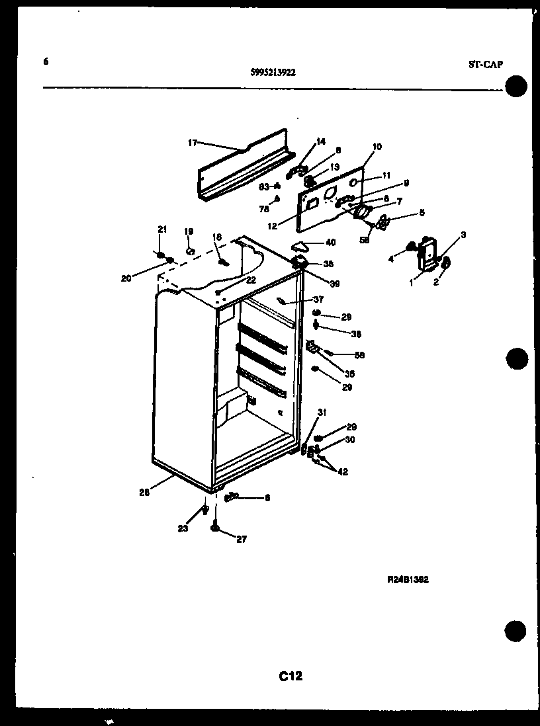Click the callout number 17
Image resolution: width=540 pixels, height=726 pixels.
tap(193, 142)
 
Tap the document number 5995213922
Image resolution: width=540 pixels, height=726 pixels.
tap(273, 73)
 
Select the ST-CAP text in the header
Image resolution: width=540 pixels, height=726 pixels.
tap(485, 64)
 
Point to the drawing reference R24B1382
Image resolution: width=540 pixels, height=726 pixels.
tap(408, 580)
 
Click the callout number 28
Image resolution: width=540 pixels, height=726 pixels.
tap(144, 492)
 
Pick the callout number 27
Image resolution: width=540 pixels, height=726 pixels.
tap(241, 540)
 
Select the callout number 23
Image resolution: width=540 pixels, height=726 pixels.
tap(183, 528)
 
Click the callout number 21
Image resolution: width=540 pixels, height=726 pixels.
tap(161, 229)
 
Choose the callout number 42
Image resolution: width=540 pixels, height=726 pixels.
tap(343, 472)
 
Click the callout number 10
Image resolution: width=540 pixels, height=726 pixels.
tap(377, 147)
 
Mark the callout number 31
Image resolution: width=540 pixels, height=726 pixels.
tap(322, 413)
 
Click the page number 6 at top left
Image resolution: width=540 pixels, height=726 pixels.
tap(46, 62)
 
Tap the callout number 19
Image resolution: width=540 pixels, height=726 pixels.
tap(188, 231)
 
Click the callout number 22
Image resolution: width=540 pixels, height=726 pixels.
tap(250, 280)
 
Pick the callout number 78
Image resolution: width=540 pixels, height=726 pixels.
tap(263, 208)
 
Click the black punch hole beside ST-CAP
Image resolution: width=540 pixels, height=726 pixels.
tap(517, 87)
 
